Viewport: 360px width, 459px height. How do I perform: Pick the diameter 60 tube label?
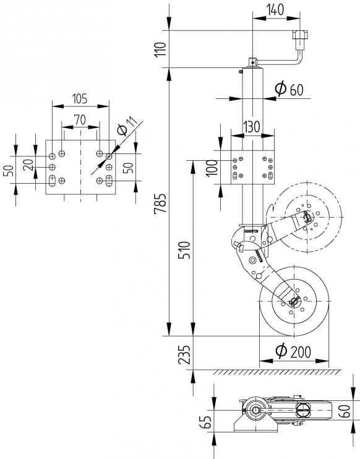[x=288, y=89]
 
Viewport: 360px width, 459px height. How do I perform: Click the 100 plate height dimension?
[x=212, y=167]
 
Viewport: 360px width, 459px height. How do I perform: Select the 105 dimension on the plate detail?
[x=79, y=98]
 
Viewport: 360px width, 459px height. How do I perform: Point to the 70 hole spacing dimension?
[x=79, y=119]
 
